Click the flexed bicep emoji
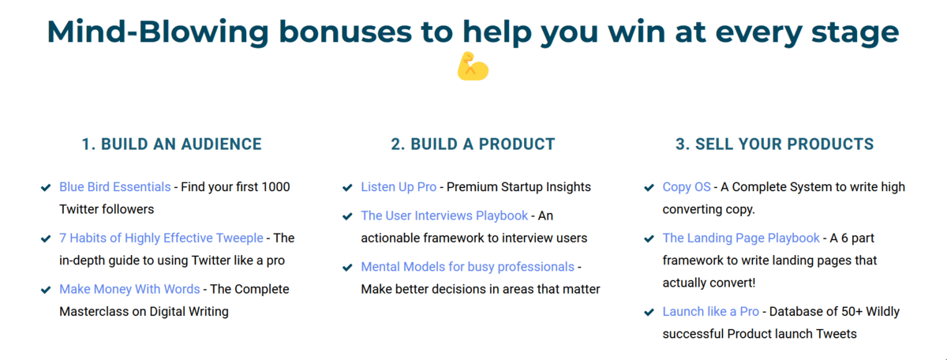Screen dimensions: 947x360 point(473,66)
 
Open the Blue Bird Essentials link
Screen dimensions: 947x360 point(115,187)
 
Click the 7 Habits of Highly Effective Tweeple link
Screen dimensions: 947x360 point(161,238)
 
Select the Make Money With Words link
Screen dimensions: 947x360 point(129,290)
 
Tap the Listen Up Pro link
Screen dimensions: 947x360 point(399,187)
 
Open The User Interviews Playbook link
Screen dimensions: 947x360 point(444,216)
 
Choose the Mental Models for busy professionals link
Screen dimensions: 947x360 point(467,267)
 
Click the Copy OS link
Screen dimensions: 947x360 point(687,187)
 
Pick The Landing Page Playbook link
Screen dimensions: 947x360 point(741,238)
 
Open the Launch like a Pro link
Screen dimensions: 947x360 point(711,312)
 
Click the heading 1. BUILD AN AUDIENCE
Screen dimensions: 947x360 point(172,144)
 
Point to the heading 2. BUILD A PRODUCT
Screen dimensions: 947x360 point(473,144)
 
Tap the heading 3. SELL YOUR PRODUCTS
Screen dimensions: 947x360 point(774,144)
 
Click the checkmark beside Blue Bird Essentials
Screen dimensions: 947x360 point(46,187)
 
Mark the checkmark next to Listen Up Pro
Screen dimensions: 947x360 point(347,187)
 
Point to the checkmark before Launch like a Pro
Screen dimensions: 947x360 point(649,312)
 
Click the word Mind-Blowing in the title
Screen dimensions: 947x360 point(158,32)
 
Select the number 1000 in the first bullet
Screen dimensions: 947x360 point(275,187)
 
